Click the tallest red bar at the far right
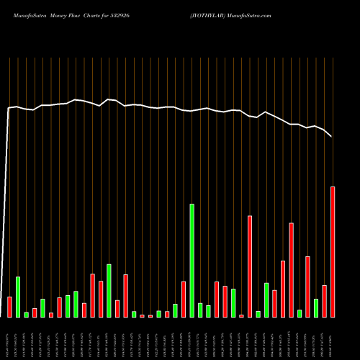pos(333,252)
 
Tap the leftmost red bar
pos(9,307)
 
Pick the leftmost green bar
pos(18,297)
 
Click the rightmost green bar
pos(316,308)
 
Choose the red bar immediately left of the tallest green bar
pos(184,299)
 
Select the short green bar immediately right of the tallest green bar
pos(200,310)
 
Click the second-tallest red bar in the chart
pos(250,266)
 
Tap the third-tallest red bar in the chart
pos(292,270)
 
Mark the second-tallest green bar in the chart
pos(109,291)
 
